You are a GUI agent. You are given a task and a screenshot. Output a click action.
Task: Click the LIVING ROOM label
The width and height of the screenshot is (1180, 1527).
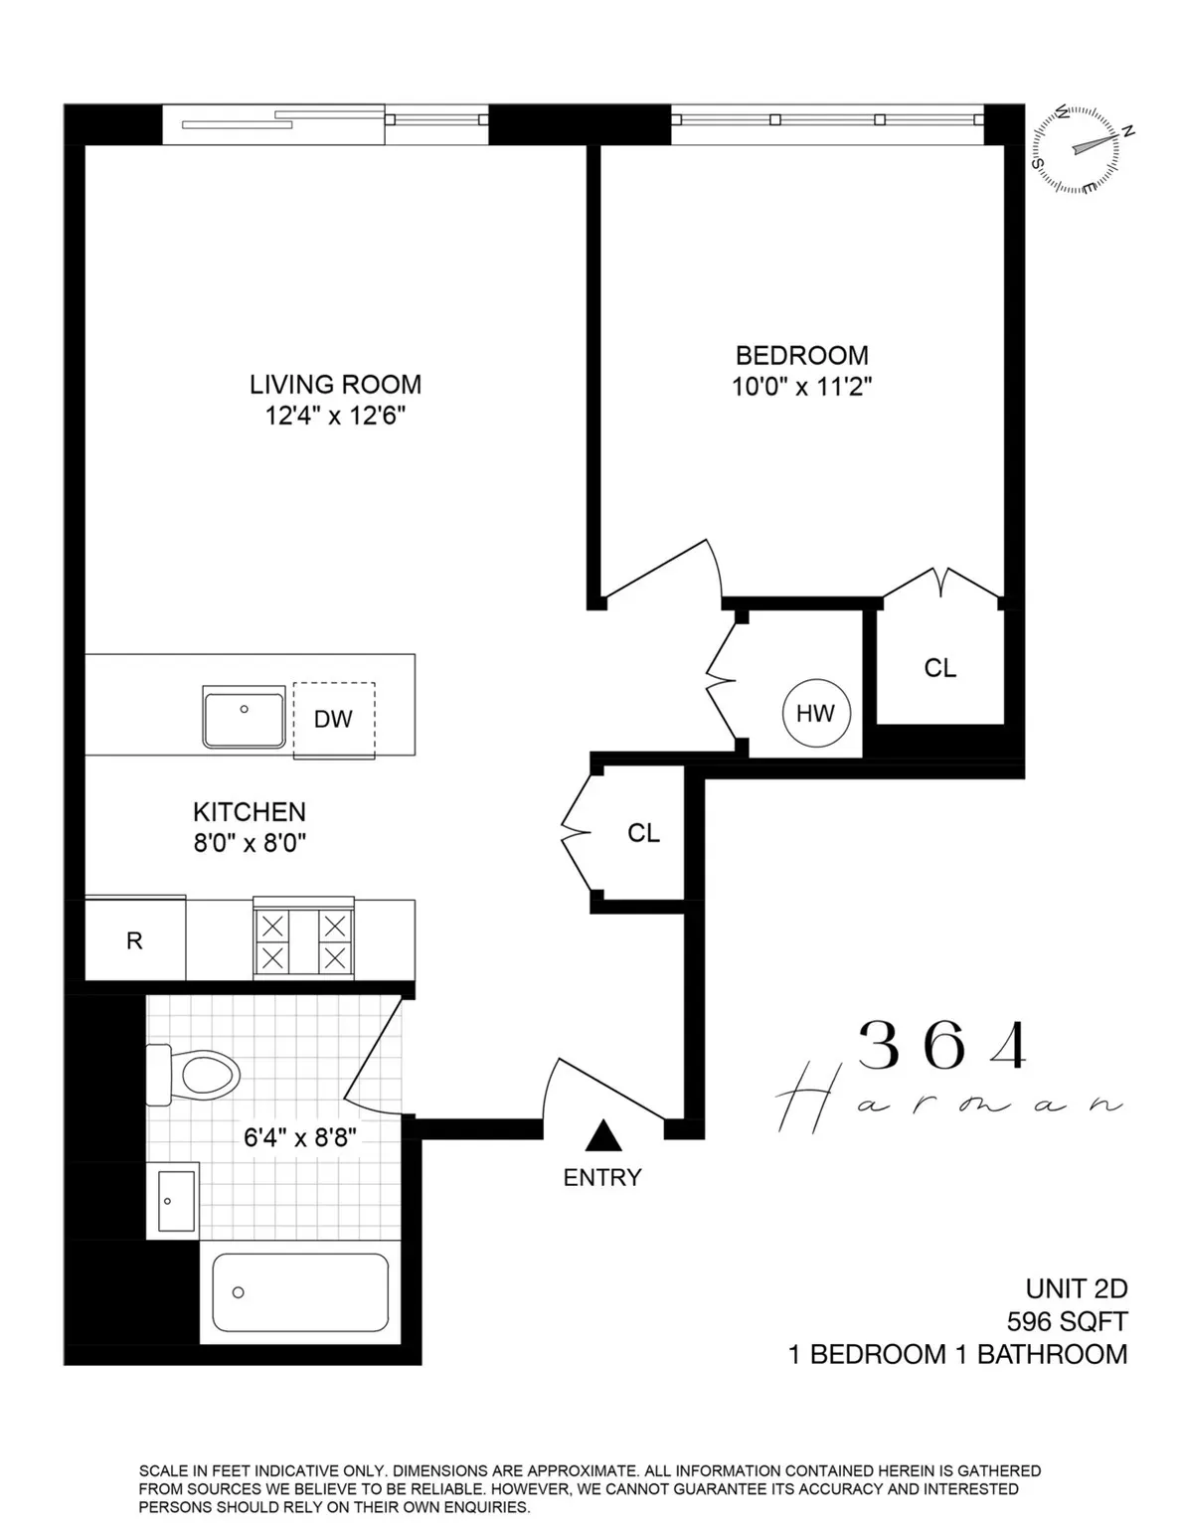click(335, 384)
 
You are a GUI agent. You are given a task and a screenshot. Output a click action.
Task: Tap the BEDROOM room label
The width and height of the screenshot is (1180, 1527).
click(801, 355)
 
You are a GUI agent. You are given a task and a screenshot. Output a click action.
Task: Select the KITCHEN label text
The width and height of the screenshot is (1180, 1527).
click(250, 811)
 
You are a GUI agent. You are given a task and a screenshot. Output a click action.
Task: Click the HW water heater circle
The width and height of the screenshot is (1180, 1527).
click(815, 713)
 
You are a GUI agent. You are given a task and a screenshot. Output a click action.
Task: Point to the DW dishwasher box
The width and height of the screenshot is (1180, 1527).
click(333, 720)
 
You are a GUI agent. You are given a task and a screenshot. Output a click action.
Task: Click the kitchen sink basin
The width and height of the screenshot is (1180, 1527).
click(244, 716)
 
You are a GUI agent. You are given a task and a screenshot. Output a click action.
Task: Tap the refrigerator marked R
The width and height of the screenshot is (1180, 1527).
click(134, 940)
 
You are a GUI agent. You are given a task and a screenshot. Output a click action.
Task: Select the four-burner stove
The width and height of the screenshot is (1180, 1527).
click(303, 941)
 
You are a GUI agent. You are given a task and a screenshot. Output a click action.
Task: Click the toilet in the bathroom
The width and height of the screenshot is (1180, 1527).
click(194, 1075)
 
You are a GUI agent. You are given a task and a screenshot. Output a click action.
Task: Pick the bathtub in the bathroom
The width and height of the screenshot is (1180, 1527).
click(300, 1291)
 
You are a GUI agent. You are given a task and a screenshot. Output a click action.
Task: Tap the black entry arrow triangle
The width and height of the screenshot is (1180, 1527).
click(601, 1135)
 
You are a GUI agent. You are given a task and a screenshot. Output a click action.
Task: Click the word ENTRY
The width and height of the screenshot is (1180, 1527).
click(601, 1178)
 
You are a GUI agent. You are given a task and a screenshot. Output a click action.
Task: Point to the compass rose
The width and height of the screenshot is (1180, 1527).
click(1081, 149)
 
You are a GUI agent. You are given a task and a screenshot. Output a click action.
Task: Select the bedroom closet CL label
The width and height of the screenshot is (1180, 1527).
click(939, 668)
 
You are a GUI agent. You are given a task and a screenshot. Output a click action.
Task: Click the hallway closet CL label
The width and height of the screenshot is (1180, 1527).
click(643, 833)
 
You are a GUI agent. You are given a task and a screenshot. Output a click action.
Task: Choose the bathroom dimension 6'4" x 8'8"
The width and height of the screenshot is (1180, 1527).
click(299, 1136)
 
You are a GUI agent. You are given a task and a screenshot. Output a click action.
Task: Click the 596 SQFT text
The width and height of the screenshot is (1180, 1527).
click(1067, 1321)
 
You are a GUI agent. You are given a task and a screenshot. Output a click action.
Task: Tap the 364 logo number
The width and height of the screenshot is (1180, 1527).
click(941, 1046)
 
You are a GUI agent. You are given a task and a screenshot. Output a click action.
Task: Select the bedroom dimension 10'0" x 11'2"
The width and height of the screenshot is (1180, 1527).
click(801, 387)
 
